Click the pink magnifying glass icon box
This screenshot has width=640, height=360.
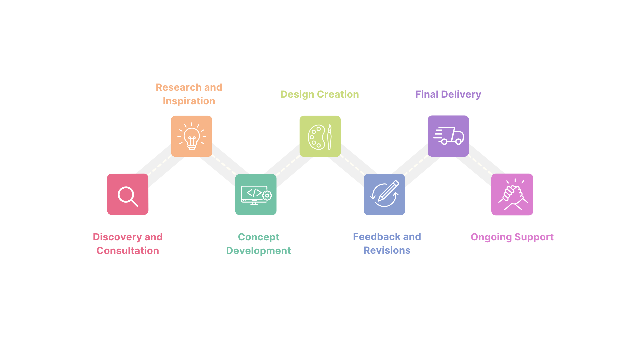pyautogui.click(x=128, y=194)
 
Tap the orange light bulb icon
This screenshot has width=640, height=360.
pyautogui.click(x=192, y=136)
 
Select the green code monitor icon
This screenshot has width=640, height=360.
pyautogui.click(x=256, y=195)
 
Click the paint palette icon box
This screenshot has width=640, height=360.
pyautogui.click(x=320, y=136)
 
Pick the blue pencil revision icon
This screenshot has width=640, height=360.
pyautogui.click(x=384, y=195)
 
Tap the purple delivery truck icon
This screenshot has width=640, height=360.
pyautogui.click(x=448, y=136)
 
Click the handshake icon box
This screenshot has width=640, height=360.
pyautogui.click(x=512, y=194)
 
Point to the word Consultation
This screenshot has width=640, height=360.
pyautogui.click(x=128, y=251)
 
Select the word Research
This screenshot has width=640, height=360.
pyautogui.click(x=179, y=87)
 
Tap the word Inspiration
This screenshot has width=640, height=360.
pyautogui.click(x=189, y=101)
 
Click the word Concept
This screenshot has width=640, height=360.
pyautogui.click(x=259, y=237)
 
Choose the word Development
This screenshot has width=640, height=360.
pyautogui.click(x=259, y=251)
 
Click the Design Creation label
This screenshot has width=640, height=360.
pyautogui.click(x=320, y=94)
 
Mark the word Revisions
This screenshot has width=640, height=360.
pyautogui.click(x=387, y=250)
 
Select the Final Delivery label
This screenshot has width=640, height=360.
pyautogui.click(x=448, y=95)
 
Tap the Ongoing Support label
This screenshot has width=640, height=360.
pyautogui.click(x=512, y=237)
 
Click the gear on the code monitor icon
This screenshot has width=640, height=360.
pyautogui.click(x=267, y=196)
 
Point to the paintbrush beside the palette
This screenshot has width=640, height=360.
pyautogui.click(x=329, y=137)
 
